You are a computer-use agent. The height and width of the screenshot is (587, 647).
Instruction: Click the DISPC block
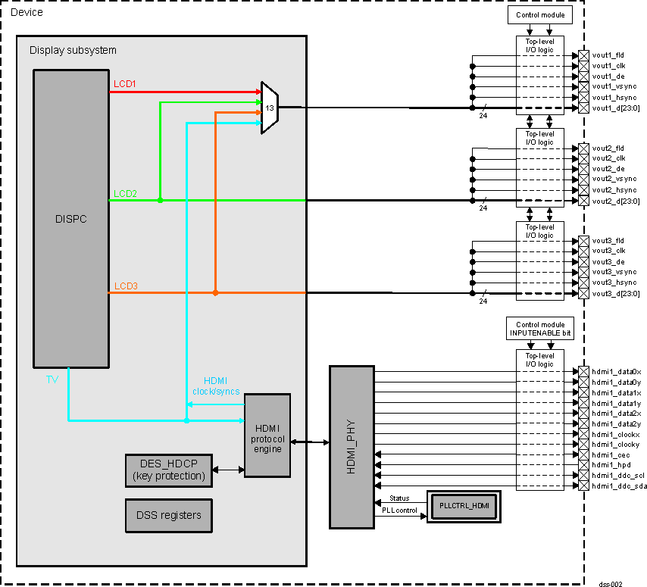coord(70,219)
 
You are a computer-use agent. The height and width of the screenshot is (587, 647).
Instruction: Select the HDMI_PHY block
coord(352,447)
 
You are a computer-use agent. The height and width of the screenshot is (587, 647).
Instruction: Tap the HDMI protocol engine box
coord(267,436)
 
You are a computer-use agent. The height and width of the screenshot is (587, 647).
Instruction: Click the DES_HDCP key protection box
coord(169,470)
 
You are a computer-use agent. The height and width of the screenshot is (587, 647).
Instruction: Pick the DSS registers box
coord(169,515)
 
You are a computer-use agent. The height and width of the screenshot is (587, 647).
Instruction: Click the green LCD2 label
coord(125,194)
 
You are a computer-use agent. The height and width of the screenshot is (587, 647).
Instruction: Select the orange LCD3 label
coord(125,286)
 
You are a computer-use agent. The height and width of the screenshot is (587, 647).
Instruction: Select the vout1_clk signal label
coord(608,66)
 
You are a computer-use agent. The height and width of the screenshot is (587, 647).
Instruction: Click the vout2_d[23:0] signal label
coord(615,201)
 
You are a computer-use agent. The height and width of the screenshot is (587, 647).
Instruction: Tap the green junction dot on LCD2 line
coord(160,200)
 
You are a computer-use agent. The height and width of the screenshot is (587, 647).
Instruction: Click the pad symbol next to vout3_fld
coord(583,241)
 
